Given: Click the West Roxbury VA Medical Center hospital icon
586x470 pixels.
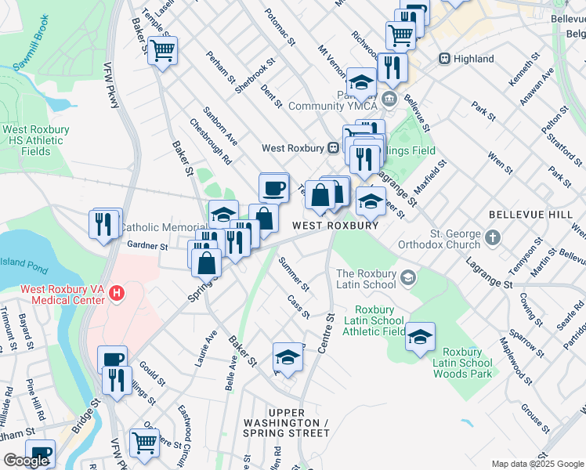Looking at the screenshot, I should [117, 294].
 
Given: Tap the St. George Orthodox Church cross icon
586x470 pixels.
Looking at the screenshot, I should [493, 237].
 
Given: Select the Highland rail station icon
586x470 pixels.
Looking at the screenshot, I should [444, 59].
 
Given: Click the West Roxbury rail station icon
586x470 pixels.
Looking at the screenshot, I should [333, 147].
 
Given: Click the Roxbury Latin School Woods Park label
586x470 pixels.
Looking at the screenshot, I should [466, 363].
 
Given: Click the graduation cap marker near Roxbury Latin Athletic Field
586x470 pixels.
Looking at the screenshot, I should [420, 337].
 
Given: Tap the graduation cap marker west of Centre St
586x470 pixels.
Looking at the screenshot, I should [288, 357].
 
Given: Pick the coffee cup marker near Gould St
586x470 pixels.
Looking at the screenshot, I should [112, 360].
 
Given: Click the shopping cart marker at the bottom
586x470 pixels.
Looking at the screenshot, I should [145, 443].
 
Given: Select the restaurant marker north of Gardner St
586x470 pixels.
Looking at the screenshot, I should [105, 222].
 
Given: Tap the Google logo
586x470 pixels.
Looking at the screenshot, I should [26, 461].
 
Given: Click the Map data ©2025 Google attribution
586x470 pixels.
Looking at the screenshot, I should [537, 464].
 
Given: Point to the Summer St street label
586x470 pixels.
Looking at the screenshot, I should [295, 274].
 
